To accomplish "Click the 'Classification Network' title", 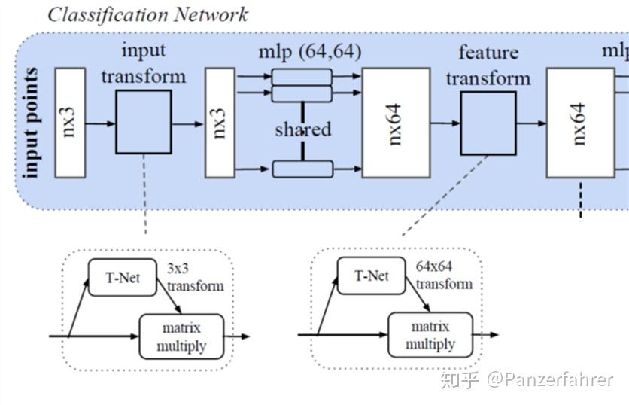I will pyautogui.click(x=147, y=14).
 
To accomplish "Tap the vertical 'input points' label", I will pyautogui.click(x=32, y=123).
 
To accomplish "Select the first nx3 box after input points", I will pyautogui.click(x=70, y=123).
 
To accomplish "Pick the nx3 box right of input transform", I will pyautogui.click(x=220, y=123).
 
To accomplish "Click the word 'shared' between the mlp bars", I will pyautogui.click(x=302, y=129).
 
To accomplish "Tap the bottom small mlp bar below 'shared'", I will pyautogui.click(x=302, y=169).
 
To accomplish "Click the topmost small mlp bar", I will pyautogui.click(x=302, y=76).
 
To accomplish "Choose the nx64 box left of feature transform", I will pyautogui.click(x=396, y=123).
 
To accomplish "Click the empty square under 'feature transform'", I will pyautogui.click(x=488, y=123).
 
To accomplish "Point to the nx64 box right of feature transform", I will pyautogui.click(x=580, y=123).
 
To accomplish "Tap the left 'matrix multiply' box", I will pyautogui.click(x=181, y=336).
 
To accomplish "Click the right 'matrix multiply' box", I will pyautogui.click(x=430, y=336).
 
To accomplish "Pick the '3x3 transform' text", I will pyautogui.click(x=195, y=278).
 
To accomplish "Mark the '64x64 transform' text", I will pyautogui.click(x=444, y=276).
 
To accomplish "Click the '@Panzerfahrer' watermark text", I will pyautogui.click(x=549, y=380).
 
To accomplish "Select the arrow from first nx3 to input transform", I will pyautogui.click(x=100, y=123).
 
